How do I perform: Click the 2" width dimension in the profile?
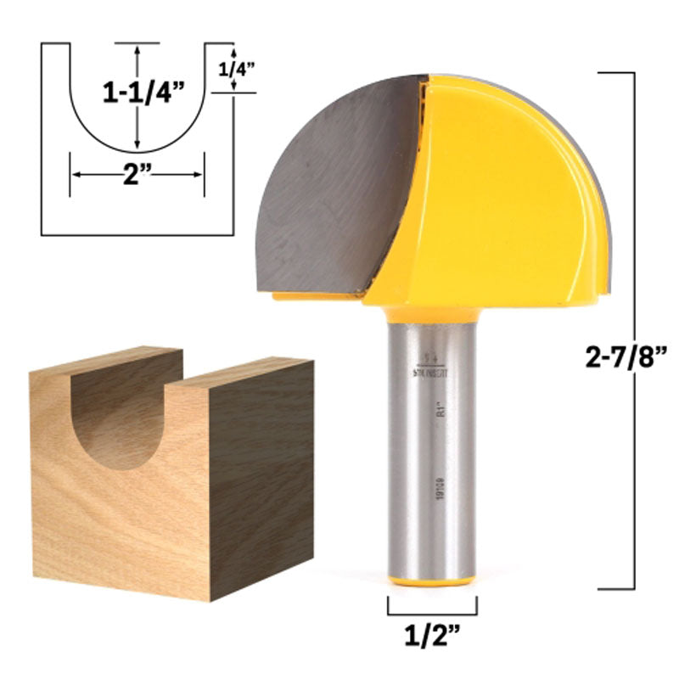pyautogui.click(x=137, y=175)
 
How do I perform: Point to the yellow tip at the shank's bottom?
pyautogui.click(x=432, y=581)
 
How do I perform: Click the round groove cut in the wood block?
pyautogui.click(x=119, y=416)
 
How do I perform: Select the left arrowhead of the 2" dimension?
pyautogui.click(x=75, y=175)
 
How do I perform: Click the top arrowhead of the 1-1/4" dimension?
pyautogui.click(x=137, y=50)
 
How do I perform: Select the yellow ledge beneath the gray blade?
pyautogui.click(x=314, y=297)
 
